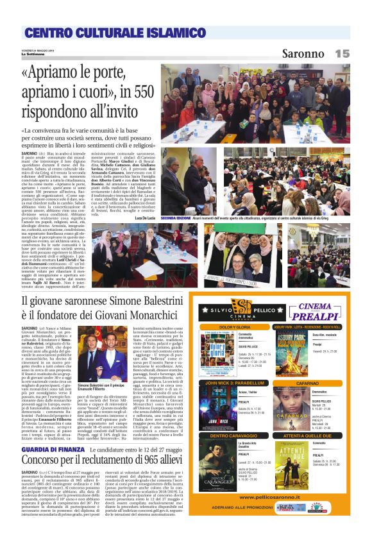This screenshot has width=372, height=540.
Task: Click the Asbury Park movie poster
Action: [292, 350]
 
